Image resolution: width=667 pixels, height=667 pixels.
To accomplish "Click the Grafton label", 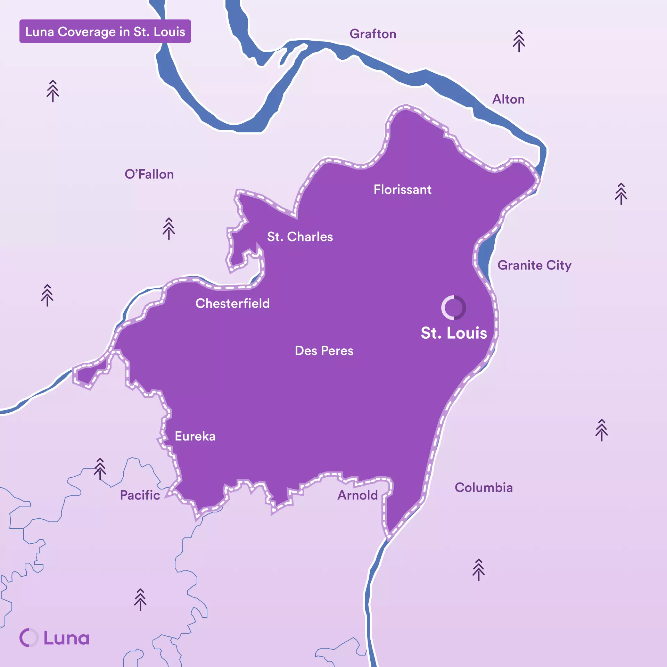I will (x=373, y=34).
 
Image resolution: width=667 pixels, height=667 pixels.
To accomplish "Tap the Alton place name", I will (x=508, y=99).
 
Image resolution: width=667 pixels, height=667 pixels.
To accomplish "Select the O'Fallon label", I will (x=149, y=174).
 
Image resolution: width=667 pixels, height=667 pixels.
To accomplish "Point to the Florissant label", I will (x=402, y=190).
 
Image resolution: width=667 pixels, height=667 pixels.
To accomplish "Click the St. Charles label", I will (x=300, y=237).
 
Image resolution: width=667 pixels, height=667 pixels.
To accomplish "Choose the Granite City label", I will (x=534, y=265).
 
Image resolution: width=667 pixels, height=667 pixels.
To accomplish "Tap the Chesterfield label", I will (x=232, y=304).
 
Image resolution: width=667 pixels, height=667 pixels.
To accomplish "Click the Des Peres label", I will (x=324, y=351).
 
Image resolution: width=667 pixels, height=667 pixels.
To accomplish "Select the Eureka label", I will (x=195, y=436).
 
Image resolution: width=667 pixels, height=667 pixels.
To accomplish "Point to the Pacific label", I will (x=140, y=495).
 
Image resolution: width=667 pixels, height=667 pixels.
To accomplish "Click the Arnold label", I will (x=357, y=495).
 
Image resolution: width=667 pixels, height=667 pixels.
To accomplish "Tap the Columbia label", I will (x=484, y=488).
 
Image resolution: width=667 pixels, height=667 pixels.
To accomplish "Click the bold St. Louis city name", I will (x=454, y=333).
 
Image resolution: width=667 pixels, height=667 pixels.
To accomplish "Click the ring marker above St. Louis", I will (x=453, y=308).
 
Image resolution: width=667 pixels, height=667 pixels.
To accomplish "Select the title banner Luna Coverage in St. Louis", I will (x=105, y=32).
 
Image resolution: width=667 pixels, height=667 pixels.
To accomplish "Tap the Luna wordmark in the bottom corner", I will (x=55, y=638).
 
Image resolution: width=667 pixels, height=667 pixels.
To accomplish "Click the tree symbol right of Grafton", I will (x=519, y=41).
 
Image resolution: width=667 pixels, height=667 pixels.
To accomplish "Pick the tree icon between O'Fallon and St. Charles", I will (x=169, y=229).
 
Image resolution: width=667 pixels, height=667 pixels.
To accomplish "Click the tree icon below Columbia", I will (x=478, y=570).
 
